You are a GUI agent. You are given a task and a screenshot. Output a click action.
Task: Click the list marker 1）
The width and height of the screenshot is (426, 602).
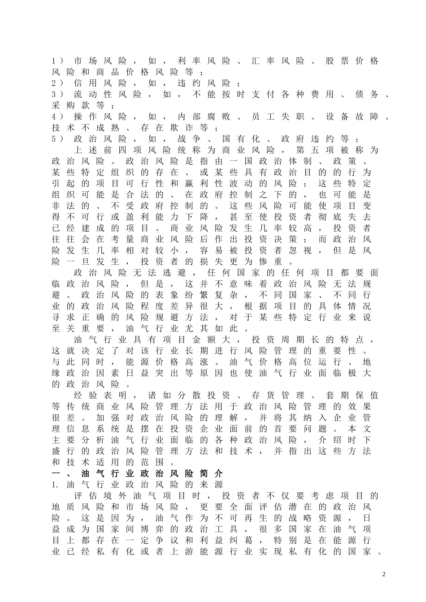tap(58, 61)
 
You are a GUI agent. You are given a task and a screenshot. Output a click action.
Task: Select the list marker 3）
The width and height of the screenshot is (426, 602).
tap(58, 95)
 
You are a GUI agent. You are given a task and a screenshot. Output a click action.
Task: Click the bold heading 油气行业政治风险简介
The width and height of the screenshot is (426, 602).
tap(152, 474)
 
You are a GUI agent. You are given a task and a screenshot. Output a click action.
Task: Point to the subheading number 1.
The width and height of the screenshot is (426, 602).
tap(55, 485)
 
